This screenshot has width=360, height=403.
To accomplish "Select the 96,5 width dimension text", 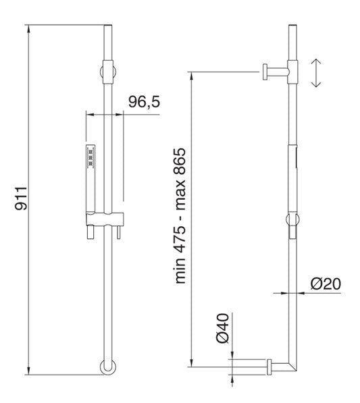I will pyautogui.click(x=144, y=103).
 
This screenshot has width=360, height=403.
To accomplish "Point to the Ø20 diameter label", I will pyautogui.click(x=325, y=284).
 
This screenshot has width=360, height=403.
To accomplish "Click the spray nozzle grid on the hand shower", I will pyautogui.click(x=89, y=156).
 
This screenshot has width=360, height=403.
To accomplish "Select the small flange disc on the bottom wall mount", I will pyautogui.click(x=269, y=365).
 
